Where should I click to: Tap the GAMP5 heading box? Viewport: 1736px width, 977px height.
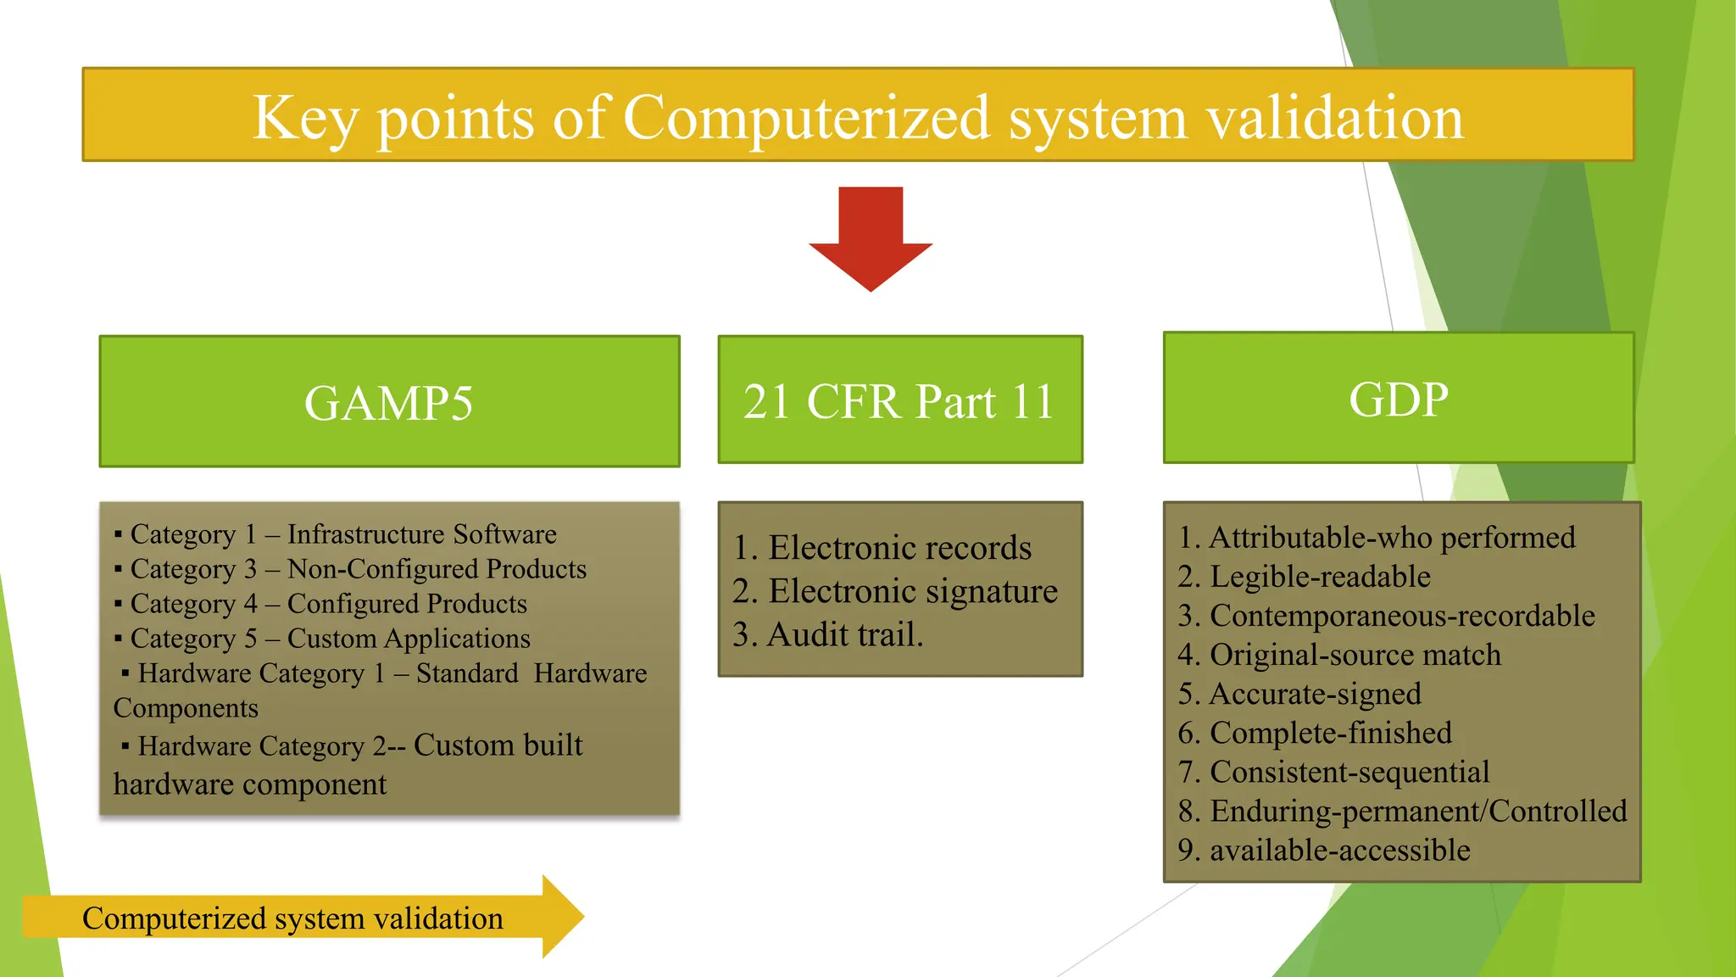pos(389,401)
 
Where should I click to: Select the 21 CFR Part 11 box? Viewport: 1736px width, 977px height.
pos(900,399)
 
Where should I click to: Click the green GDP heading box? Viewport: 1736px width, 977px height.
pos(1399,398)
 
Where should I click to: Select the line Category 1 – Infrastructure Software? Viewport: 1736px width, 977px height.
pos(342,534)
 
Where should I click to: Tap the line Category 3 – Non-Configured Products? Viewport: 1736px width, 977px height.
pos(358,569)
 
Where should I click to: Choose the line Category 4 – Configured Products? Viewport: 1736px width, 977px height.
pos(328,604)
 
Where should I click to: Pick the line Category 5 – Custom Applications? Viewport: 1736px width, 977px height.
pos(330,639)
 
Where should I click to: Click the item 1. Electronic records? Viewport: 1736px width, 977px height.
pos(882,548)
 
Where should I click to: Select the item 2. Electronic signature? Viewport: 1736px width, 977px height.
pos(895,591)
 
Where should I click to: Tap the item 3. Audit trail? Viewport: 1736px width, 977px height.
pos(828,634)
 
